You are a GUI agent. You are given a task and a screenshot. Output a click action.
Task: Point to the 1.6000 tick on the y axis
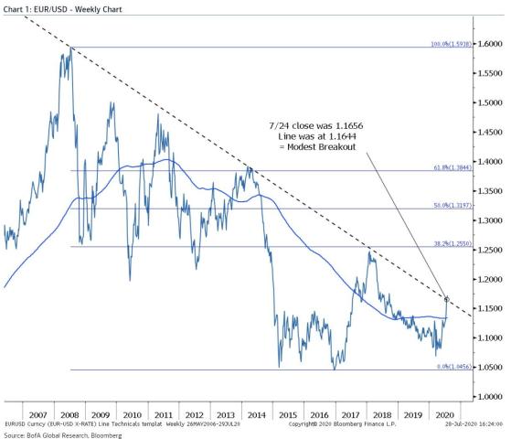[490, 43]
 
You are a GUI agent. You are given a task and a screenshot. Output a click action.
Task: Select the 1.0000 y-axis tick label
[490, 396]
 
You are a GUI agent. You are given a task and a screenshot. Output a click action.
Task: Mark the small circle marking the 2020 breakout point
[446, 298]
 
